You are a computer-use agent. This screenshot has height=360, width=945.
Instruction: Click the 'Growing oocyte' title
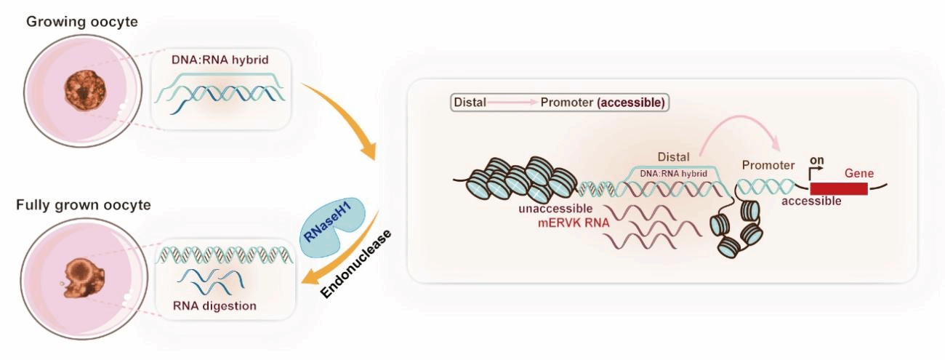click(x=82, y=22)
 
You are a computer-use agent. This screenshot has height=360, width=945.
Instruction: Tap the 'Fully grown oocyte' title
click(x=84, y=205)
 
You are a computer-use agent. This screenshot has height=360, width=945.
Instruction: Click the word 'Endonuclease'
click(x=355, y=264)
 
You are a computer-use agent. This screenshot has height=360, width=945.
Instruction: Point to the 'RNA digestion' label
click(x=214, y=306)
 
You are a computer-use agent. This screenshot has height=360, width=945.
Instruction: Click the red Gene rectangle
click(x=839, y=188)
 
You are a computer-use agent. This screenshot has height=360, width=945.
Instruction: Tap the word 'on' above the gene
click(x=817, y=161)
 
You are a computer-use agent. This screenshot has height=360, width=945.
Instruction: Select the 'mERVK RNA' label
click(x=574, y=223)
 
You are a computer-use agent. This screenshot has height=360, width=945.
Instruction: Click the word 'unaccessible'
click(x=555, y=209)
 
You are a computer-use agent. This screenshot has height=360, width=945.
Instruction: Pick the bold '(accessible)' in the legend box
click(x=631, y=103)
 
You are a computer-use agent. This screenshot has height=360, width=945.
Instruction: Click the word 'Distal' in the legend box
click(x=470, y=103)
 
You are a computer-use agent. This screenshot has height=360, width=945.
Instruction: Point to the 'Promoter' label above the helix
click(x=768, y=165)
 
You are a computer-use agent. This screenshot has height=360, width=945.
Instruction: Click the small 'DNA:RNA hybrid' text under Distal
click(x=673, y=174)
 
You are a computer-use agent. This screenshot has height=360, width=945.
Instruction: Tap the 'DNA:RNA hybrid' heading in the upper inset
click(x=220, y=60)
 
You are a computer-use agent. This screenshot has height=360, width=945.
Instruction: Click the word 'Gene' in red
click(x=859, y=174)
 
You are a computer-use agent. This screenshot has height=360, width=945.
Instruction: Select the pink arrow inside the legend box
click(x=512, y=103)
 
